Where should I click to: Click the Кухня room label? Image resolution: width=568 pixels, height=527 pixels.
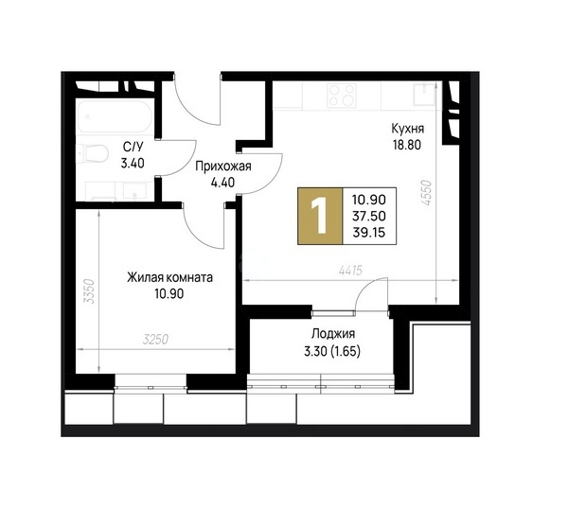(407, 129)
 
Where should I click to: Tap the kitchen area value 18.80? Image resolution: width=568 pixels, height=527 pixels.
(407, 145)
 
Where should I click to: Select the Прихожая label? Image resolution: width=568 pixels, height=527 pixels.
(223, 167)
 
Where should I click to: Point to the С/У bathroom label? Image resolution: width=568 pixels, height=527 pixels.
(133, 148)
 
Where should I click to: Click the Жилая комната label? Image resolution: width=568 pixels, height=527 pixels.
(169, 277)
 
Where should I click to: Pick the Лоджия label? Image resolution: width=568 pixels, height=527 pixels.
(333, 334)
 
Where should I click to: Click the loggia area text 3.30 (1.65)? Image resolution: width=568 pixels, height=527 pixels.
(332, 351)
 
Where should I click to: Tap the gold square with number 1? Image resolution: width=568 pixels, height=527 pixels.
(320, 216)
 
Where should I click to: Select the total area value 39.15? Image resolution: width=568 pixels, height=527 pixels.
(369, 233)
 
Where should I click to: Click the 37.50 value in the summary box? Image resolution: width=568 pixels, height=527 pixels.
(369, 216)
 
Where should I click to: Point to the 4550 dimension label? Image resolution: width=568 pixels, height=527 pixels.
(428, 193)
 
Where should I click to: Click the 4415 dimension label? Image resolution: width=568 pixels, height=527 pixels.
(350, 271)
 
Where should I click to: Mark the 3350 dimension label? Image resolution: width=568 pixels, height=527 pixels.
(89, 291)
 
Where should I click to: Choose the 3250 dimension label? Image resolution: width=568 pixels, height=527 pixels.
(156, 340)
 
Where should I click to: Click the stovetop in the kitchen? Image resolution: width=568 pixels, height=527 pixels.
(341, 95)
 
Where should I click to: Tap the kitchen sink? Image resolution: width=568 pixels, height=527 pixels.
(424, 94)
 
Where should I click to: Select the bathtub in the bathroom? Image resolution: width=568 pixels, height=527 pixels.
(115, 117)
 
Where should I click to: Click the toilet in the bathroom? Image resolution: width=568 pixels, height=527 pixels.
(93, 154)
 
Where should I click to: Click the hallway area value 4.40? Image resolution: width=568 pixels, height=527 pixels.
(222, 182)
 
